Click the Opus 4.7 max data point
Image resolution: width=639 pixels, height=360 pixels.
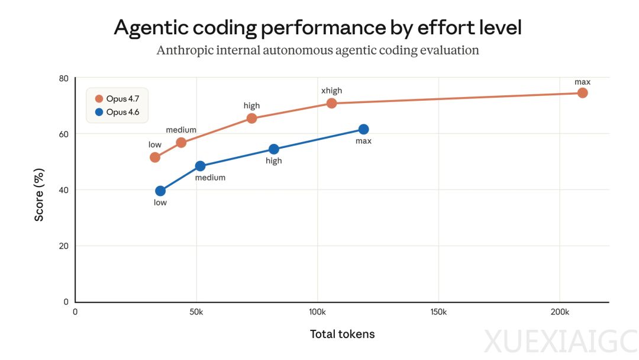coord(582,93)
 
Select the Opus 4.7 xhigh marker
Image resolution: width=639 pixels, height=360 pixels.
coord(331,104)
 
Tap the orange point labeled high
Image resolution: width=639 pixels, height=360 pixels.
coord(251,118)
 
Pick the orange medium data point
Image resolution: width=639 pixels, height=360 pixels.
coord(181,143)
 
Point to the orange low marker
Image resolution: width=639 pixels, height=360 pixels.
coord(155,157)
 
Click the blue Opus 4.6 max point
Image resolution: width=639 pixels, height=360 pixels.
coord(363,130)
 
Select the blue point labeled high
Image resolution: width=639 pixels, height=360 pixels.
coord(273,149)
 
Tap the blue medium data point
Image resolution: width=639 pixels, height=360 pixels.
coord(200,166)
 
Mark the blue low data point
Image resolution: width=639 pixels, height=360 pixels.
coord(160,191)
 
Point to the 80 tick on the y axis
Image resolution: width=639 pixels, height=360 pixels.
coord(64,78)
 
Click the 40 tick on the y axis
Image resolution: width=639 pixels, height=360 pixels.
coord(64,190)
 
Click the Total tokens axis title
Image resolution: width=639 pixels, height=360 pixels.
coord(342,334)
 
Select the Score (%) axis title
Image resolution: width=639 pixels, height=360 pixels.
coord(39,195)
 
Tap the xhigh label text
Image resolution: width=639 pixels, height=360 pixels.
coord(331,91)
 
